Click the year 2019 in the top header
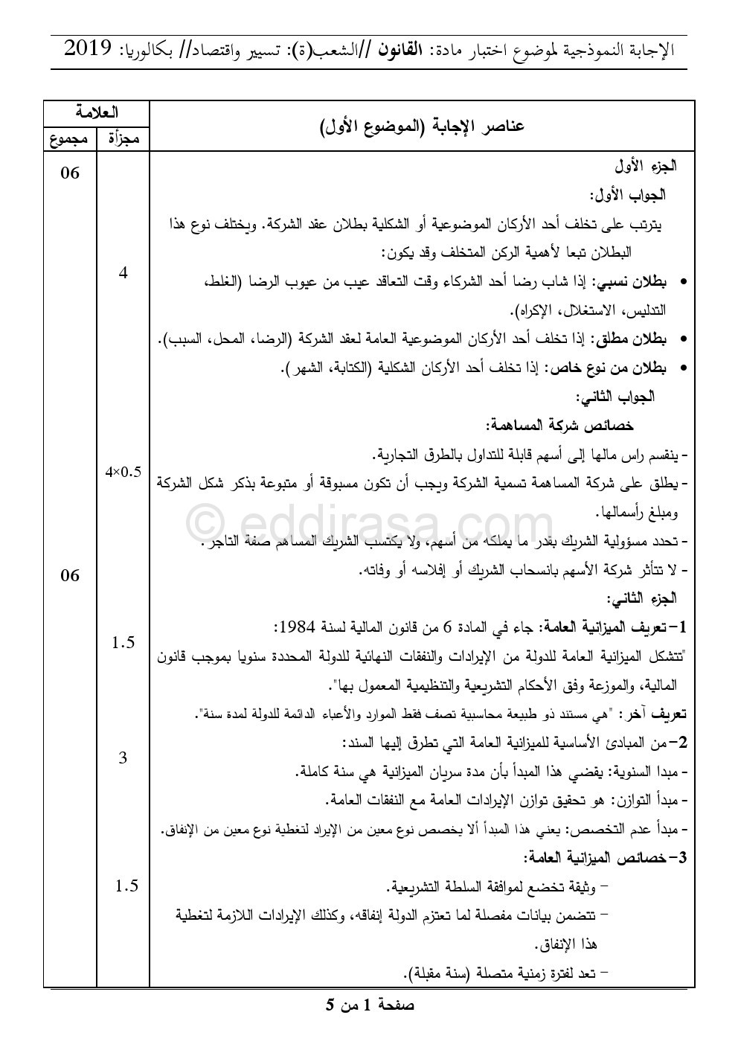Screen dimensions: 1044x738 coord(89,49)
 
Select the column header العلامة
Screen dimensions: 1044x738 coord(97,113)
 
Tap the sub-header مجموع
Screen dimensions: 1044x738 coord(69,138)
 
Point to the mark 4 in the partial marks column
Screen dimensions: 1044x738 coord(123,273)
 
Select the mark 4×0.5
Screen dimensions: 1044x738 coord(123,471)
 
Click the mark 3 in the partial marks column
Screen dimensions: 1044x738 coord(123,758)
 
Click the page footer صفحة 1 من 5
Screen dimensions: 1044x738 coord(370,1005)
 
